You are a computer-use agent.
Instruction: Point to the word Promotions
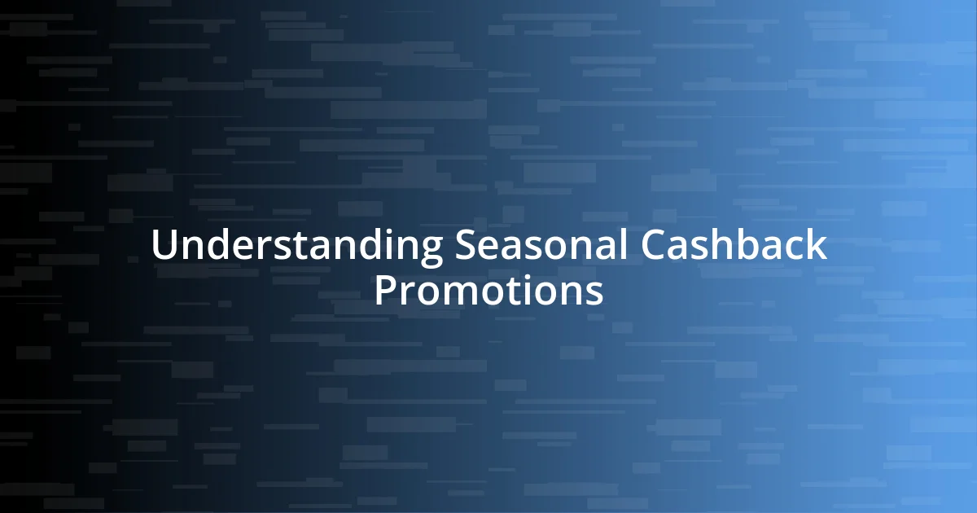[x=488, y=291]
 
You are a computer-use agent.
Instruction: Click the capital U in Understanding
[x=164, y=247]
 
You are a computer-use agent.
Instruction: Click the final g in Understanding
[x=431, y=251]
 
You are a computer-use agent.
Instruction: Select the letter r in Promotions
[x=410, y=293]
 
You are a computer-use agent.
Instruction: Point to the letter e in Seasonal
[x=491, y=249]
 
